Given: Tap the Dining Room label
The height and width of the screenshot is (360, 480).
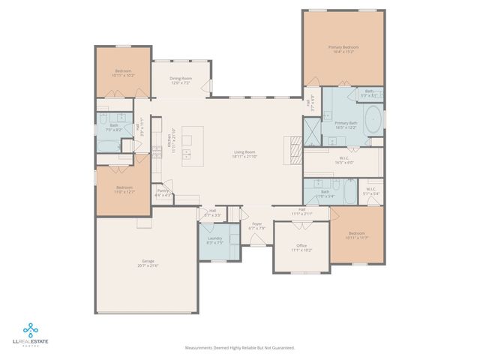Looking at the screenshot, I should click(x=180, y=80).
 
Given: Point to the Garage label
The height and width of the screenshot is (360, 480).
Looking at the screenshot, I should click(x=147, y=262).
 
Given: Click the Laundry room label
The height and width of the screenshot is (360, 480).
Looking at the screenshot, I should click(x=214, y=240).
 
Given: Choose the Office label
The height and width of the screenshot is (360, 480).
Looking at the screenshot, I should click(x=301, y=247).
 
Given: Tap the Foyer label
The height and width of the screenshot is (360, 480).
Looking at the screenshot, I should click(x=256, y=226).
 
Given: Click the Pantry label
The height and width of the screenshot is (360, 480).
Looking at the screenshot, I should click(x=163, y=193).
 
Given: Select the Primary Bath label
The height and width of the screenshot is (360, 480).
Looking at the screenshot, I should click(x=346, y=124).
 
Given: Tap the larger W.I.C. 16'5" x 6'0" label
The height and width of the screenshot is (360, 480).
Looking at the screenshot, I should click(x=340, y=160).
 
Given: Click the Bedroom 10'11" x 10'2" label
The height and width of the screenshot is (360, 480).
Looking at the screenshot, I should click(x=122, y=74).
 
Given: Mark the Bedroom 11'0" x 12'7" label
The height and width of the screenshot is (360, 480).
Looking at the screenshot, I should click(x=124, y=189).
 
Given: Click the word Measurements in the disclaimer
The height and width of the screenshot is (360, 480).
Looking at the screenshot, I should click(x=199, y=348).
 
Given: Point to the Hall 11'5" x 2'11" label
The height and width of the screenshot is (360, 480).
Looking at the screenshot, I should click(x=301, y=211).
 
